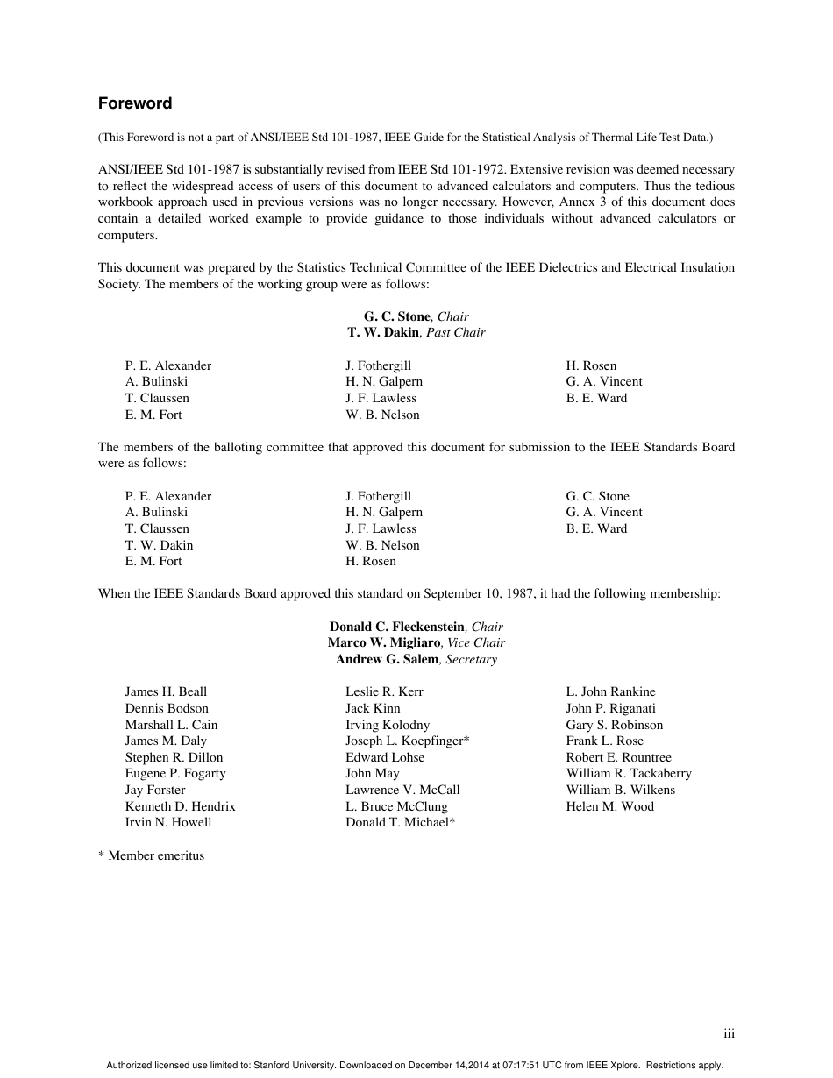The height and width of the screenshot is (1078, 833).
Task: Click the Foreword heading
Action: pyautogui.click(x=135, y=103)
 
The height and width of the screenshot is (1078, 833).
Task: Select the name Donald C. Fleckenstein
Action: pyautogui.click(x=396, y=627)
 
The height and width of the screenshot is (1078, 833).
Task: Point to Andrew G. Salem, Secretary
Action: pyautogui.click(x=416, y=659)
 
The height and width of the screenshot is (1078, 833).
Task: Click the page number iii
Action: pyautogui.click(x=729, y=1034)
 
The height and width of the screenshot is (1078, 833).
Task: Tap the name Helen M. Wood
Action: pyautogui.click(x=609, y=806)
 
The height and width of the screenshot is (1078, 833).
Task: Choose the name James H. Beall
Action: pyautogui.click(x=166, y=691)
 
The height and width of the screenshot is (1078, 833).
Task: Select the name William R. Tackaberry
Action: pyautogui.click(x=628, y=773)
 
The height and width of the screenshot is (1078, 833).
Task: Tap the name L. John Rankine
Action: pyautogui.click(x=610, y=691)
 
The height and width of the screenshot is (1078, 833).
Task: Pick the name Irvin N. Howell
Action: pyautogui.click(x=167, y=822)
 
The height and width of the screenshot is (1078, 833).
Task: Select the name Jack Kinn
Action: pyautogui.click(x=373, y=708)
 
